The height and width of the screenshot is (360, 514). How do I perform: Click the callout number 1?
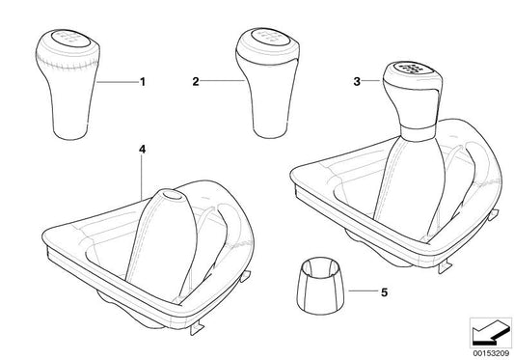[143, 82]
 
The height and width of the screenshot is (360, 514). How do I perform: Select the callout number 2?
[196, 82]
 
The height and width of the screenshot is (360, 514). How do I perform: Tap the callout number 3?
[357, 81]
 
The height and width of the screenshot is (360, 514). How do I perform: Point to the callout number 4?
[142, 150]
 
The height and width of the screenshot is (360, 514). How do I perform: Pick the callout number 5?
[384, 292]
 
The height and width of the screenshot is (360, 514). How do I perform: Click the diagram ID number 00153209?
[491, 354]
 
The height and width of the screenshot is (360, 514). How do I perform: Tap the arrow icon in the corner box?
[491, 333]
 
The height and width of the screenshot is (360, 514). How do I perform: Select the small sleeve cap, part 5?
[322, 286]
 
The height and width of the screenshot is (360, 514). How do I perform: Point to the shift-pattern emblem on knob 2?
[270, 37]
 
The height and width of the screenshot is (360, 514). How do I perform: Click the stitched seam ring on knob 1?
[68, 64]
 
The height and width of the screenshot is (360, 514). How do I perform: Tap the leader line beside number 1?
[118, 82]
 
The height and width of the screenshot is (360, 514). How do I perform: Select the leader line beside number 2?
[222, 81]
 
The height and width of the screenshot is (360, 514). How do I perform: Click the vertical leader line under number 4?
[142, 178]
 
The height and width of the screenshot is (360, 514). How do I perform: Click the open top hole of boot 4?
[173, 195]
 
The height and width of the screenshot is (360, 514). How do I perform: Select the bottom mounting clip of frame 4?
[196, 328]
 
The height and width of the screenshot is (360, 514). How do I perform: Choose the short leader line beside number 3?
[372, 81]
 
